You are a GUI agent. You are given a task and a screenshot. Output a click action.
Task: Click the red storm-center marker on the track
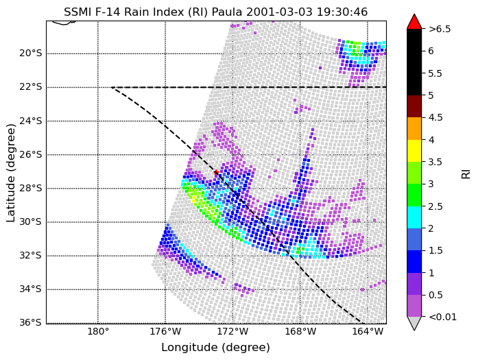tap(216, 173)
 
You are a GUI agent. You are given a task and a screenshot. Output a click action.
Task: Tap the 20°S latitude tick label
tap(30, 53)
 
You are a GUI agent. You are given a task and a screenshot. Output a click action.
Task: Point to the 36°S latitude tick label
tap(30, 322)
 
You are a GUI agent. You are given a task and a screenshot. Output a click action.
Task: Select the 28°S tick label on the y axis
tap(30, 188)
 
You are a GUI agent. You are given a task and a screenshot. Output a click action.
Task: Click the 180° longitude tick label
tap(98, 331)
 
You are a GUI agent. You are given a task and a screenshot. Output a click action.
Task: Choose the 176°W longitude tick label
tap(165, 331)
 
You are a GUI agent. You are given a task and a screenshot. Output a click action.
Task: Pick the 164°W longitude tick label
tap(368, 331)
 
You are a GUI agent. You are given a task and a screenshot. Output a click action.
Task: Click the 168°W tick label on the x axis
tap(300, 331)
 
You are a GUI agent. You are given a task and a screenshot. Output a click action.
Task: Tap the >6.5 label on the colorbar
tap(440, 29)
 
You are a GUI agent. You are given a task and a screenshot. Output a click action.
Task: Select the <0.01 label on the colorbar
tap(442, 317)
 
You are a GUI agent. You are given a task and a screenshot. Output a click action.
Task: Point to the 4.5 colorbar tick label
tap(435, 118)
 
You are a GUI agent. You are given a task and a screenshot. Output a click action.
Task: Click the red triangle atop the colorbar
tap(414, 22)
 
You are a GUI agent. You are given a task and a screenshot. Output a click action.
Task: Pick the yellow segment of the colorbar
tap(414, 151)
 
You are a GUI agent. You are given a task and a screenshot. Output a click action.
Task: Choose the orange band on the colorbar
tap(414, 129)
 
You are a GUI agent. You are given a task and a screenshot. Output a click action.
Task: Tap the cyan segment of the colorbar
tap(414, 217)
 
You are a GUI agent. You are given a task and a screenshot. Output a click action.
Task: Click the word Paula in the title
tap(227, 12)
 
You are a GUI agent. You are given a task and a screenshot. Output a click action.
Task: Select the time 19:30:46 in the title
tap(342, 12)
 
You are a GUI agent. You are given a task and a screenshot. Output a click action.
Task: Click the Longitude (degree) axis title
tap(215, 348)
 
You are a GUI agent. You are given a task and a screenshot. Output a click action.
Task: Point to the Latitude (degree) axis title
tap(11, 173)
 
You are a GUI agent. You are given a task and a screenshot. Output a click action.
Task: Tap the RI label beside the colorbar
tap(466, 174)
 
